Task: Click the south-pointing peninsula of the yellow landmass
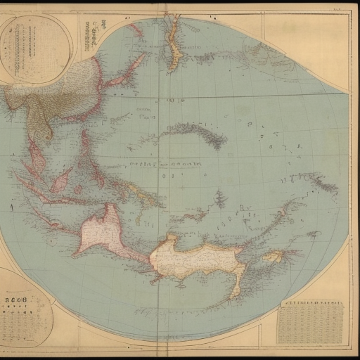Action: [239, 285]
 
